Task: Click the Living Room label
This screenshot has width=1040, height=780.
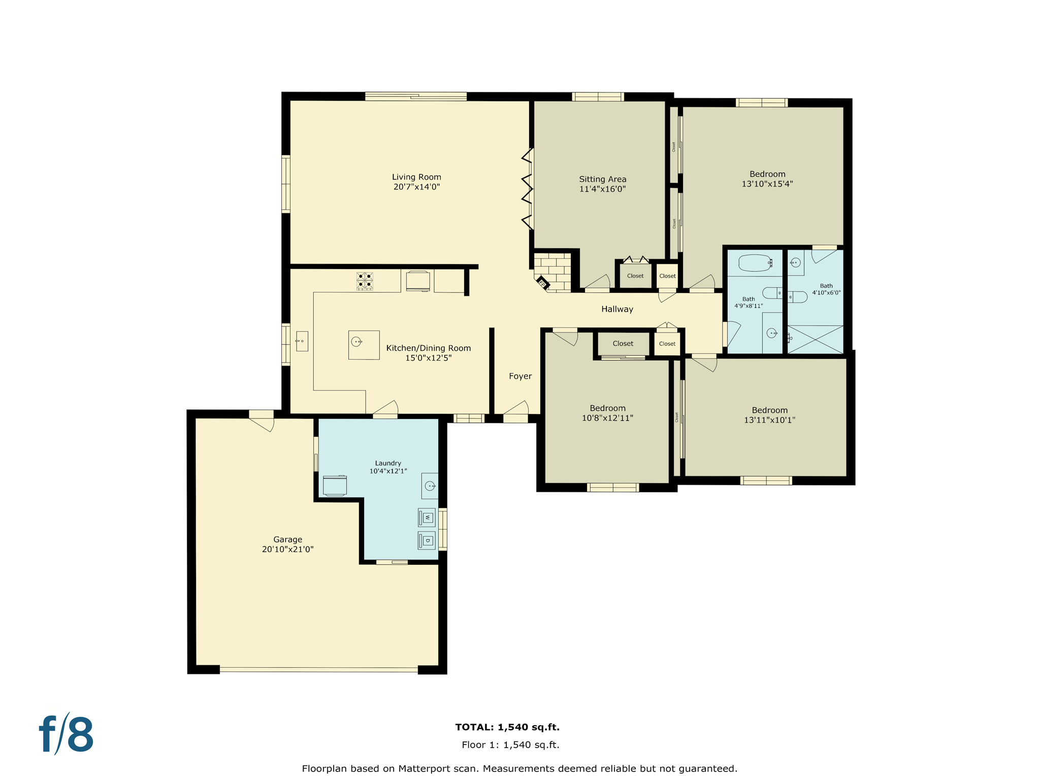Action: click(416, 177)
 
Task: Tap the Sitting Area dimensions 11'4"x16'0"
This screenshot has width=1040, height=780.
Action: click(602, 189)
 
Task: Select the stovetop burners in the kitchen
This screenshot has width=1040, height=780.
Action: click(365, 281)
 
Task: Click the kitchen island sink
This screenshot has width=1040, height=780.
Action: click(357, 342)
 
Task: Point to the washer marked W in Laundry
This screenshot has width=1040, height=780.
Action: click(427, 517)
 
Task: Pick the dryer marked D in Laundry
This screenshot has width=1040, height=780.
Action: click(427, 540)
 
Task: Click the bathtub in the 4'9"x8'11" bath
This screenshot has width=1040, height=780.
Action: click(755, 263)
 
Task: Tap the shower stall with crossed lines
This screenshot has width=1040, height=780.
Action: click(815, 339)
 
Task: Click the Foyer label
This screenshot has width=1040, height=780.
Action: click(520, 376)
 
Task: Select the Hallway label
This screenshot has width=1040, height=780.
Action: click(617, 309)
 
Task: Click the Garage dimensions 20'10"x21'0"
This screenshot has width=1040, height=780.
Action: click(287, 549)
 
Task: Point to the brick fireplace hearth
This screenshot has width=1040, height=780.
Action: click(553, 272)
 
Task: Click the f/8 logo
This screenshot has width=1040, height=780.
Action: click(67, 734)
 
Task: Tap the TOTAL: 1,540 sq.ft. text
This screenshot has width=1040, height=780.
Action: click(507, 727)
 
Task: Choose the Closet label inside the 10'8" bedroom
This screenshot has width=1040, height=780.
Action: click(623, 344)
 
